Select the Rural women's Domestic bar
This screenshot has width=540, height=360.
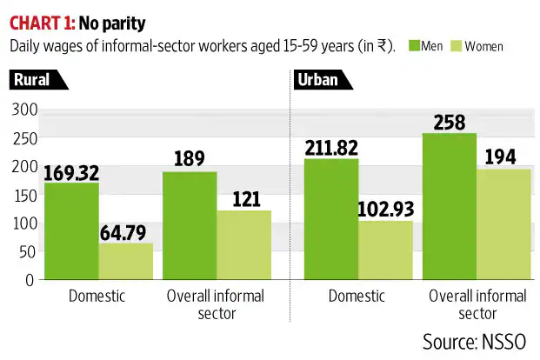coord(125,261)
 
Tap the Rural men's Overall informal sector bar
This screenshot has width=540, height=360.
coord(190,226)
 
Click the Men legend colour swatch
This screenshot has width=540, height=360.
coord(413,45)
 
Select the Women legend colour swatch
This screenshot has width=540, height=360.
coord(457,45)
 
